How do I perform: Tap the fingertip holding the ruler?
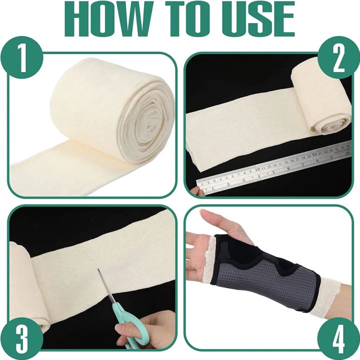coord(193,191)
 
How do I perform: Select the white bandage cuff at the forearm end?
coord(327,295)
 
